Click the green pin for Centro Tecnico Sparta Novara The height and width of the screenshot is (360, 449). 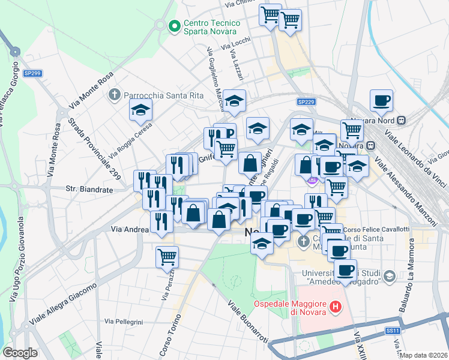coord(175,26)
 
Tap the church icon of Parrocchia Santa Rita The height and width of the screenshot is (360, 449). coord(115,95)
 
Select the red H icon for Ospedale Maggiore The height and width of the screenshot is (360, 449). coord(336,308)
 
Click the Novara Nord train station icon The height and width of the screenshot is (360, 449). coord(401,120)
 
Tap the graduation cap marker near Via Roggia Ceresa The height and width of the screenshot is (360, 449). coord(140,110)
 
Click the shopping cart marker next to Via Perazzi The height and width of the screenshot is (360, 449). coord(167,257)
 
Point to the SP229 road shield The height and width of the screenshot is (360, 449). coord(306,103)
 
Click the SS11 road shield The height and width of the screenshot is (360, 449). coord(393,331)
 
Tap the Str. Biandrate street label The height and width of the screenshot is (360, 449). coord(89,189)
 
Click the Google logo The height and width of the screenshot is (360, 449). coord(20,353)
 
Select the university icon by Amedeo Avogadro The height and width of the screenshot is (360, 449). coord(390,276)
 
